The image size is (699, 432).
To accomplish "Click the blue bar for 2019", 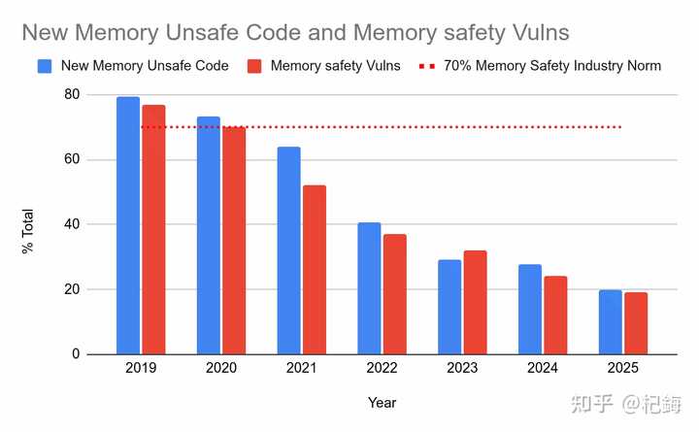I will (128, 225).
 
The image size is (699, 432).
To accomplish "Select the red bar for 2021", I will (314, 270).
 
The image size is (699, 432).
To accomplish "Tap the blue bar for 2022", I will (369, 288).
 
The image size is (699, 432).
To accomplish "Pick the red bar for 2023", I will (475, 302).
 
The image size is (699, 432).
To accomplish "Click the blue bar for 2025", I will (610, 321).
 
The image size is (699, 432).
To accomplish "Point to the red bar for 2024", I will (555, 315).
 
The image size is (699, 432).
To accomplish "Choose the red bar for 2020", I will (233, 240).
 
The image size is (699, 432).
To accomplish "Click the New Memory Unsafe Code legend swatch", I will (45, 66).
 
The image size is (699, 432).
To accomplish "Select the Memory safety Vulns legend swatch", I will (255, 66).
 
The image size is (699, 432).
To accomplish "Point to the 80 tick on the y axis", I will (72, 95).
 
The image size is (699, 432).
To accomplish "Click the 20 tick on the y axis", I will (72, 289).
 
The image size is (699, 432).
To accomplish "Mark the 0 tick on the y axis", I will (76, 354).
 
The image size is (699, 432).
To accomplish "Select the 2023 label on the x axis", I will (462, 370).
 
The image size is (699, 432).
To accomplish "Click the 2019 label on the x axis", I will (141, 370).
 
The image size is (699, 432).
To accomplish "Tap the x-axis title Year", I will (382, 402).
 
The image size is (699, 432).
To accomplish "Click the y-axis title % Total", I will (27, 231).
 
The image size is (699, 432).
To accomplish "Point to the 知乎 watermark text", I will (594, 403).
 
